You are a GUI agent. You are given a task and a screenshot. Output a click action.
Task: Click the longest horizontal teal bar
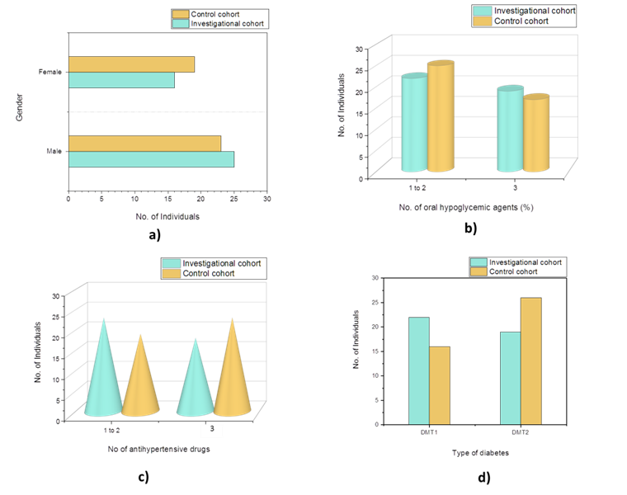point(151,159)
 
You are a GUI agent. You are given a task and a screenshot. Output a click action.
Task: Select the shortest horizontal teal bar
point(121,80)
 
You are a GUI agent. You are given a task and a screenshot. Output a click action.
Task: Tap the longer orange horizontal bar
point(144,144)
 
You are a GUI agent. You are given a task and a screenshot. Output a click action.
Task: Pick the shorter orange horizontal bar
point(131,64)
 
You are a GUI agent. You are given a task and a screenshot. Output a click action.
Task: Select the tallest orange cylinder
point(441,118)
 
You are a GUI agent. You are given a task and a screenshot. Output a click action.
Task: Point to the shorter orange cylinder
point(536,134)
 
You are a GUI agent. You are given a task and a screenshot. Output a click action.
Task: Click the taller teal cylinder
point(414,124)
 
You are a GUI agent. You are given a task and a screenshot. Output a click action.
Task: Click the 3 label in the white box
point(212,429)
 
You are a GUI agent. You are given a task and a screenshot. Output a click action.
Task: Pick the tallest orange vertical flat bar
point(531,361)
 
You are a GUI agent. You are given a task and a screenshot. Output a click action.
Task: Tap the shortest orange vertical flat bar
point(440,384)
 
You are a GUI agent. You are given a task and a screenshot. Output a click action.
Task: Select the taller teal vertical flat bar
point(419,370)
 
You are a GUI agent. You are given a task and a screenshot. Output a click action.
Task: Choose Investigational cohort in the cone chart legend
point(221,263)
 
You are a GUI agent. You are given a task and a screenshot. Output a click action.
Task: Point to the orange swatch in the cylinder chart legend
point(482,21)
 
